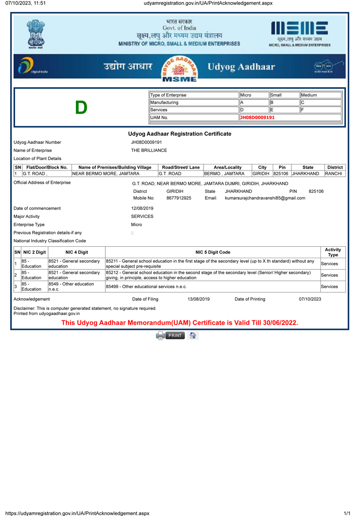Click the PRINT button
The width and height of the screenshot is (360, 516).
pyautogui.click(x=171, y=335)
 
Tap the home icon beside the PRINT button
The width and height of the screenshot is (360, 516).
pyautogui.click(x=193, y=335)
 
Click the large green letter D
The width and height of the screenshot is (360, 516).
pyautogui.click(x=81, y=108)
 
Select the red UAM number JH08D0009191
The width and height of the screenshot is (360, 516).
pyautogui.click(x=258, y=117)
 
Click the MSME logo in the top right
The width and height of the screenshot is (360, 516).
pyautogui.click(x=300, y=33)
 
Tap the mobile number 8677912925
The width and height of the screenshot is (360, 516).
pyautogui.click(x=179, y=198)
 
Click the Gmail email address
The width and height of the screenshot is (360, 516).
pyautogui.click(x=265, y=198)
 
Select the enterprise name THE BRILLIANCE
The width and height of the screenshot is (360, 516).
pyautogui.click(x=149, y=150)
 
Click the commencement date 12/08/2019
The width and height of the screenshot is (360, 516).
pyautogui.click(x=142, y=208)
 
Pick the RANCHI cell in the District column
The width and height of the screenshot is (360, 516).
pyautogui.click(x=333, y=174)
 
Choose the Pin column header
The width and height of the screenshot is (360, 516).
pyautogui.click(x=282, y=167)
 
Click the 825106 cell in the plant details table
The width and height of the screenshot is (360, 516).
pyautogui.click(x=281, y=174)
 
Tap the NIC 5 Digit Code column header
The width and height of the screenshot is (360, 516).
pyautogui.click(x=213, y=252)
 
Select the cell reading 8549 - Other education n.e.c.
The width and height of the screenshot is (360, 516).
pyautogui.click(x=76, y=287)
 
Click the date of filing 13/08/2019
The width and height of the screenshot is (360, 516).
pyautogui.click(x=199, y=299)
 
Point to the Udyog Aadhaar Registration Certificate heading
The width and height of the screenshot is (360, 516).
pyautogui.click(x=180, y=134)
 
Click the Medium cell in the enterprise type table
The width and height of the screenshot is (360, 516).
pyautogui.click(x=320, y=95)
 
